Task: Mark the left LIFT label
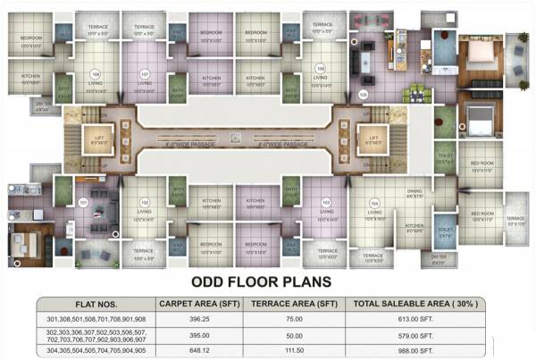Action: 100,136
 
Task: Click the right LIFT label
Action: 369,136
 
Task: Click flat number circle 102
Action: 144,202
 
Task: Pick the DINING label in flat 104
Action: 413,191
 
